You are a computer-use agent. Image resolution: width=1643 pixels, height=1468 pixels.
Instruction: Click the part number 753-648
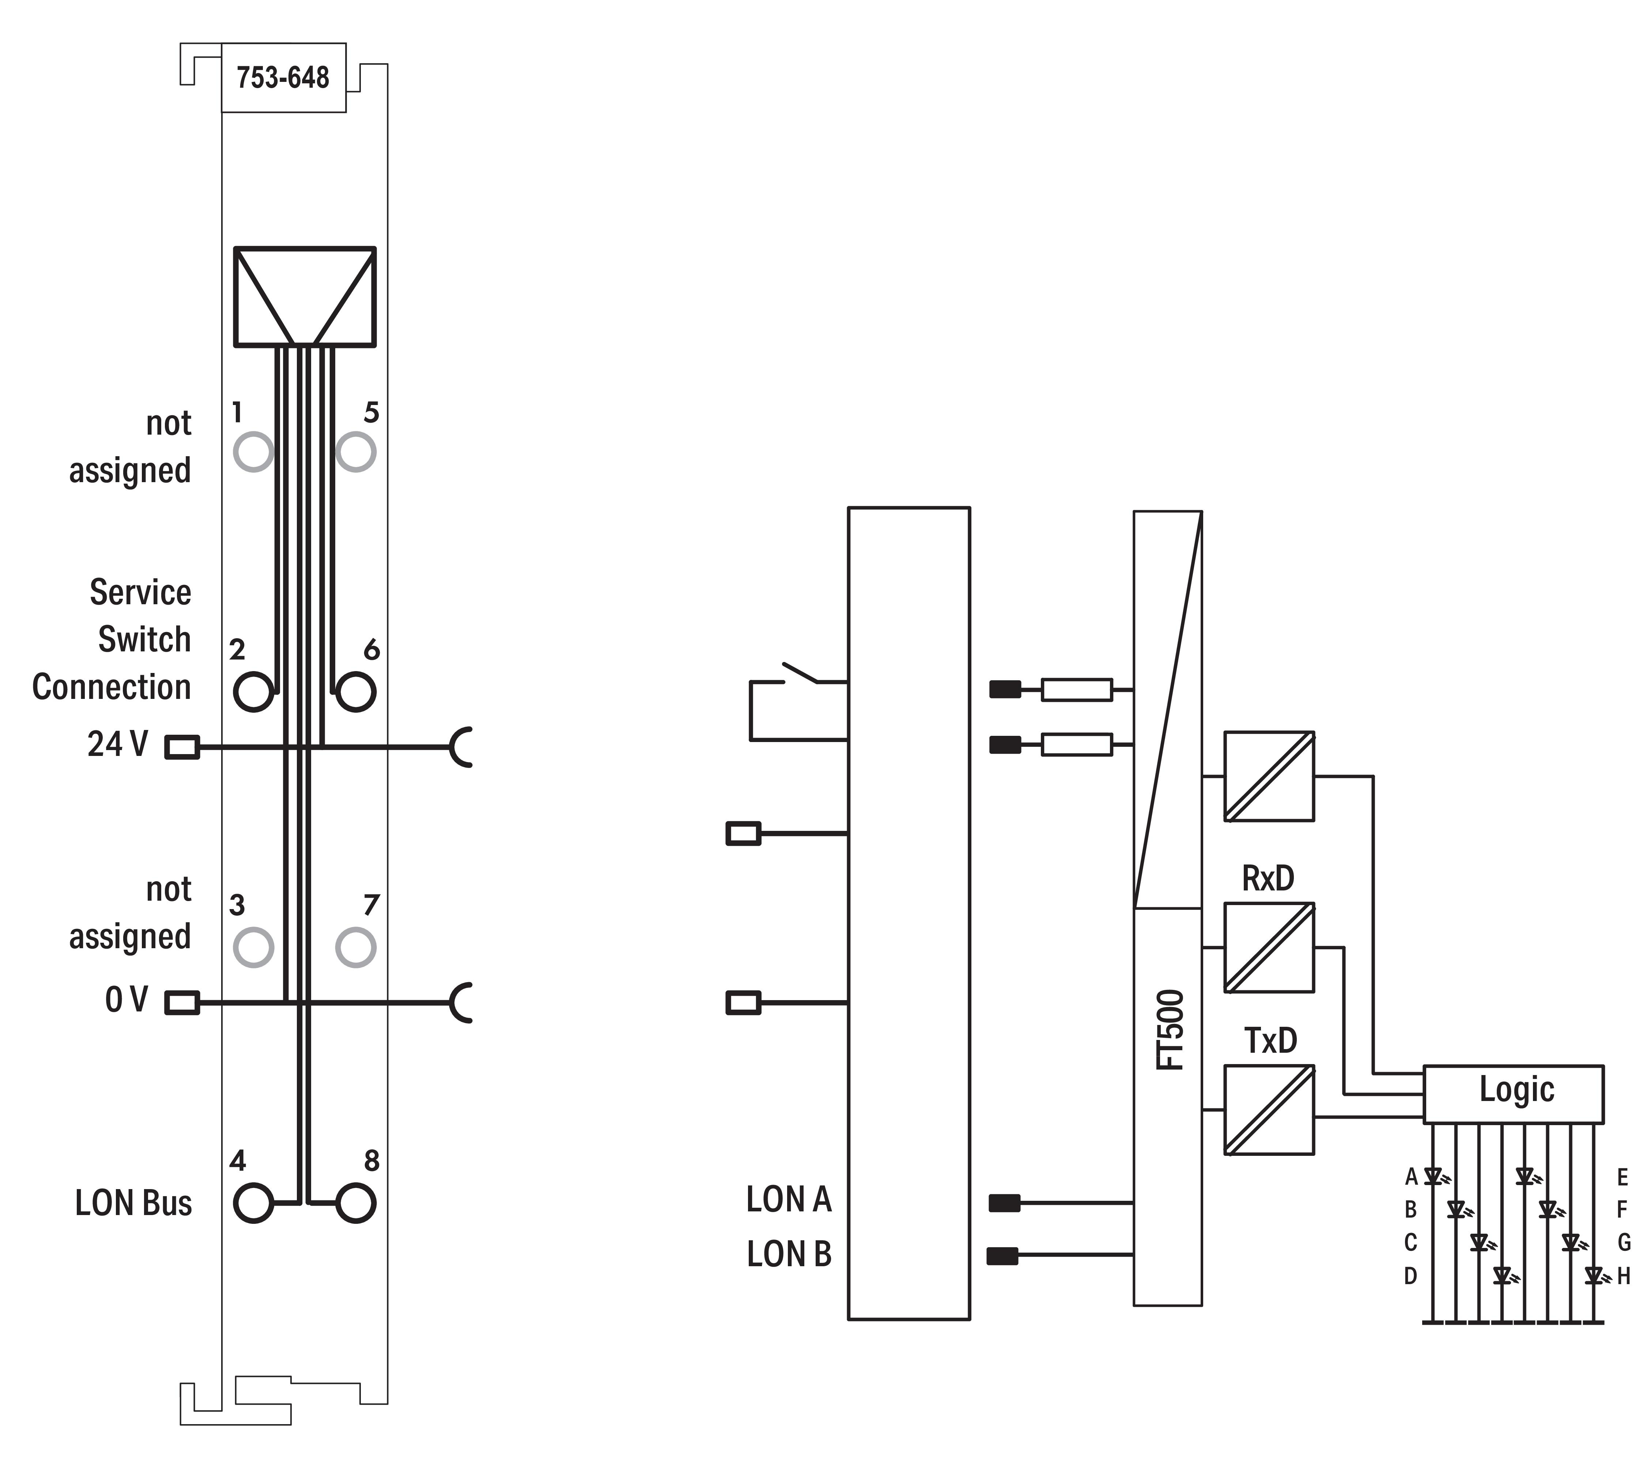(283, 77)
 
